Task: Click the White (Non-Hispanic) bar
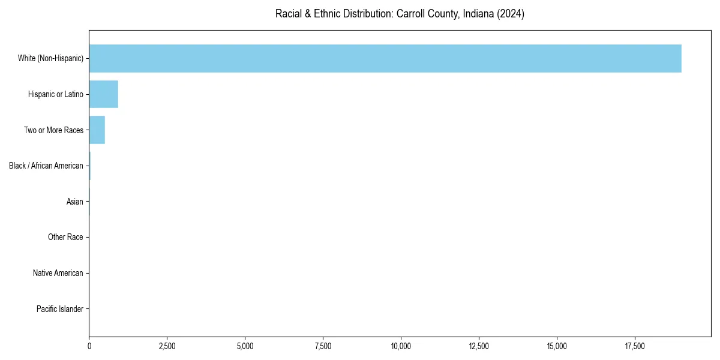(385, 58)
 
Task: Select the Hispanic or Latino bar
(103, 94)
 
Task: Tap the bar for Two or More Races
(97, 130)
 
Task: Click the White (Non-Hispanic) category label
(50, 58)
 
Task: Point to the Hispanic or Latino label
(56, 94)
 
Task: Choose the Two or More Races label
(53, 130)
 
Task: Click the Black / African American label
(46, 166)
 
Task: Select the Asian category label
(75, 202)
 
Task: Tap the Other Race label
(65, 238)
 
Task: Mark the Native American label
(58, 273)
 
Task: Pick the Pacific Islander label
(60, 309)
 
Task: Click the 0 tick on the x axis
(89, 346)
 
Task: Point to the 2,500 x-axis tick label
(167, 346)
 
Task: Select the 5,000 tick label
(245, 346)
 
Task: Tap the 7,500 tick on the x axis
(323, 346)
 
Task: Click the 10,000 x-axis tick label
(401, 346)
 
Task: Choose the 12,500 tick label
(479, 346)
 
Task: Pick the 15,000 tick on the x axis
(557, 346)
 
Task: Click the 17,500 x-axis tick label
(635, 346)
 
